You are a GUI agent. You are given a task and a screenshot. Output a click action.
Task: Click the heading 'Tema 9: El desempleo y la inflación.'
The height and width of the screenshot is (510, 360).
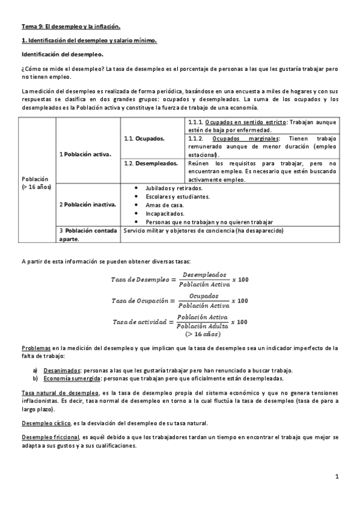pos(71,26)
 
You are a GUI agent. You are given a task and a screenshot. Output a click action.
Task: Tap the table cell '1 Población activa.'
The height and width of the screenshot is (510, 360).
pos(85,154)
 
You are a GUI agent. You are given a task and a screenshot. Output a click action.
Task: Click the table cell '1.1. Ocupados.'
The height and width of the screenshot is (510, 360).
pos(144,138)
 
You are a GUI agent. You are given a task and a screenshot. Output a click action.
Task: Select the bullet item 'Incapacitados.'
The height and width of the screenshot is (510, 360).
pos(160,214)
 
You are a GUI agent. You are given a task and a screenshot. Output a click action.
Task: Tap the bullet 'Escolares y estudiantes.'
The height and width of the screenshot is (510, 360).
pos(173,197)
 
